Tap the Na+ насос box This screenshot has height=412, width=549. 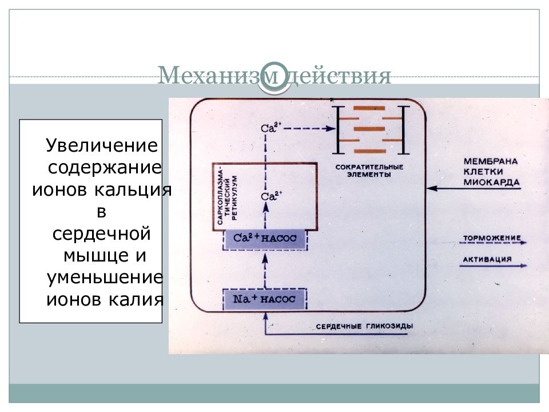click(265, 299)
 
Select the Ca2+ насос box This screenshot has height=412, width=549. click(265, 239)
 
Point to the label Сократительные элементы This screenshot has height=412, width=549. click(369, 171)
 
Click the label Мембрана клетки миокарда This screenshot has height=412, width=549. click(491, 172)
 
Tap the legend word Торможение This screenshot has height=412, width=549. click(492, 238)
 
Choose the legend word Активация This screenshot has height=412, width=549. click(487, 259)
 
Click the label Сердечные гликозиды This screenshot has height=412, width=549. click(364, 326)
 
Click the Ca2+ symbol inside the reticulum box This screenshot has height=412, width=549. click(271, 196)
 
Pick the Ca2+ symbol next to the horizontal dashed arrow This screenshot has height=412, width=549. click(271, 128)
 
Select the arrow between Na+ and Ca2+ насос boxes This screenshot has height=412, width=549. click(265, 271)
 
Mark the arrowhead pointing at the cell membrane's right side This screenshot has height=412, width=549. click(432, 188)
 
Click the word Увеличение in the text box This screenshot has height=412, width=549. click(102, 145)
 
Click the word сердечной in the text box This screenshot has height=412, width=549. click(102, 233)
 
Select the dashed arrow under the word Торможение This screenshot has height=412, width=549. click(493, 243)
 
